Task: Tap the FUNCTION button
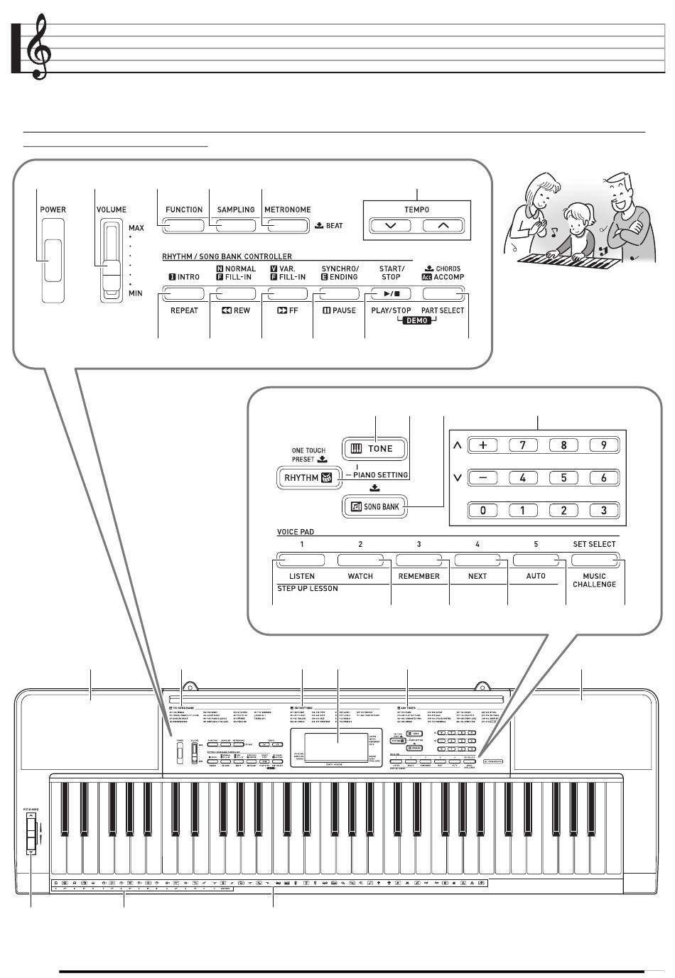184,226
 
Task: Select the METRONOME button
288,226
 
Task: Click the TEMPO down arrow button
390,226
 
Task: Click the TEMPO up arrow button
443,226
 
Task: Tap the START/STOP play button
391,293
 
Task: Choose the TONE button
376,449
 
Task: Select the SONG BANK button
376,506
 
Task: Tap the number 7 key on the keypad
524,446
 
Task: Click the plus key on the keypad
483,446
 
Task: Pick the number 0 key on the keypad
483,510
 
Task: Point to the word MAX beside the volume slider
136,228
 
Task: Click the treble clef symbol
39,48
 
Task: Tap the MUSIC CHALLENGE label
594,580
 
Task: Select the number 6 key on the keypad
604,478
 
